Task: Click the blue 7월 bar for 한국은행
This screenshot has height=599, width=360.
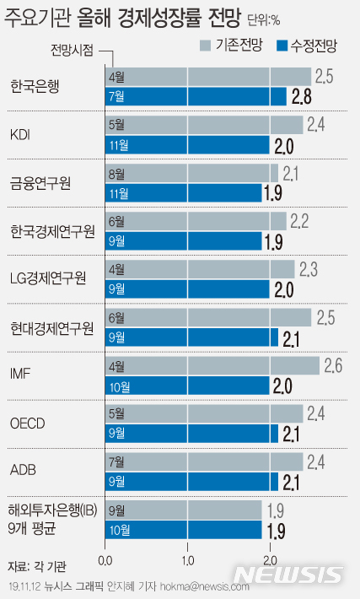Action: (x=195, y=96)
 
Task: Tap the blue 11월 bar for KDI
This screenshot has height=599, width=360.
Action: (x=186, y=144)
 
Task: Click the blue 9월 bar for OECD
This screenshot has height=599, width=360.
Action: (x=191, y=434)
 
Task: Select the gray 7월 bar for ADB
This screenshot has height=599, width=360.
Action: (x=203, y=462)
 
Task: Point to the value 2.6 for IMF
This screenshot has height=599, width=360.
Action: (x=333, y=366)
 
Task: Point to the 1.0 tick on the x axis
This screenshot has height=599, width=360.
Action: (x=187, y=559)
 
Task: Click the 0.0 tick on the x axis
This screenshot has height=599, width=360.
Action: (x=105, y=559)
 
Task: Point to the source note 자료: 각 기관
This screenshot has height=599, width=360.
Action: (x=36, y=564)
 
